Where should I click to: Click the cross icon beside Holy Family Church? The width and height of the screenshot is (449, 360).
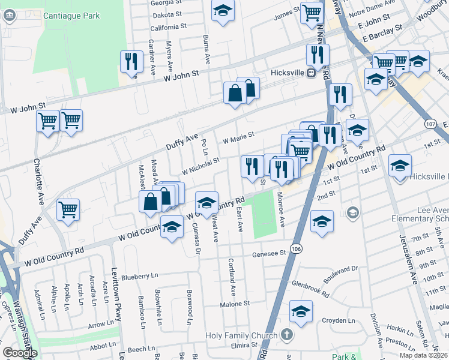286,335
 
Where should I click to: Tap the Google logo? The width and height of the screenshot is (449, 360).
19,353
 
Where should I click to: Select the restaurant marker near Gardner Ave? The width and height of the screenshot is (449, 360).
130,62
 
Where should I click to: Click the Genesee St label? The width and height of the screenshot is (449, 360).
269,253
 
